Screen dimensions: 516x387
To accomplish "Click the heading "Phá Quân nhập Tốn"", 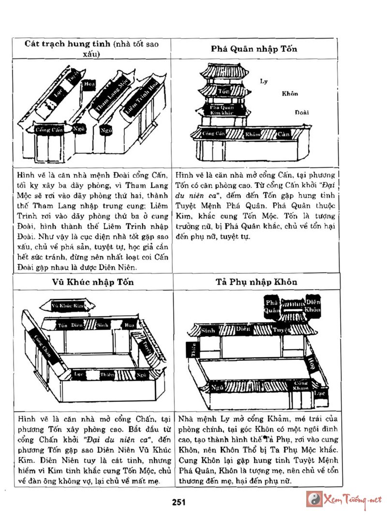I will [254, 49].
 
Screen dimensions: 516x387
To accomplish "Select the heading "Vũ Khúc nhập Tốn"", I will [93, 282].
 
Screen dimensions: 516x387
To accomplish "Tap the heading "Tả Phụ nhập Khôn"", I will [256, 282].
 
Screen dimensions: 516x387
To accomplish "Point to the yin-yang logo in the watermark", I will [313, 499].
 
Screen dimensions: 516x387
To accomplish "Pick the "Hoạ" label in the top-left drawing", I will [89, 84].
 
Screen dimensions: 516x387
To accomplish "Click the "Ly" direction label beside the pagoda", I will [264, 81].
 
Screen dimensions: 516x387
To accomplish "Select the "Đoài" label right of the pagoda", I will [302, 112].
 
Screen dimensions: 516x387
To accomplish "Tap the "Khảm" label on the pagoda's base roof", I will [253, 133].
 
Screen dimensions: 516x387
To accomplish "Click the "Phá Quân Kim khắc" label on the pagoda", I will [222, 109].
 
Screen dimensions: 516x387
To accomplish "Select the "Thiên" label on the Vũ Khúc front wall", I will [107, 374].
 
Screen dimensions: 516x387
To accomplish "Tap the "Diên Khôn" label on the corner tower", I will [313, 306].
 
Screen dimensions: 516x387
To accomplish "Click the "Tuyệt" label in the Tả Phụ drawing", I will [281, 330].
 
